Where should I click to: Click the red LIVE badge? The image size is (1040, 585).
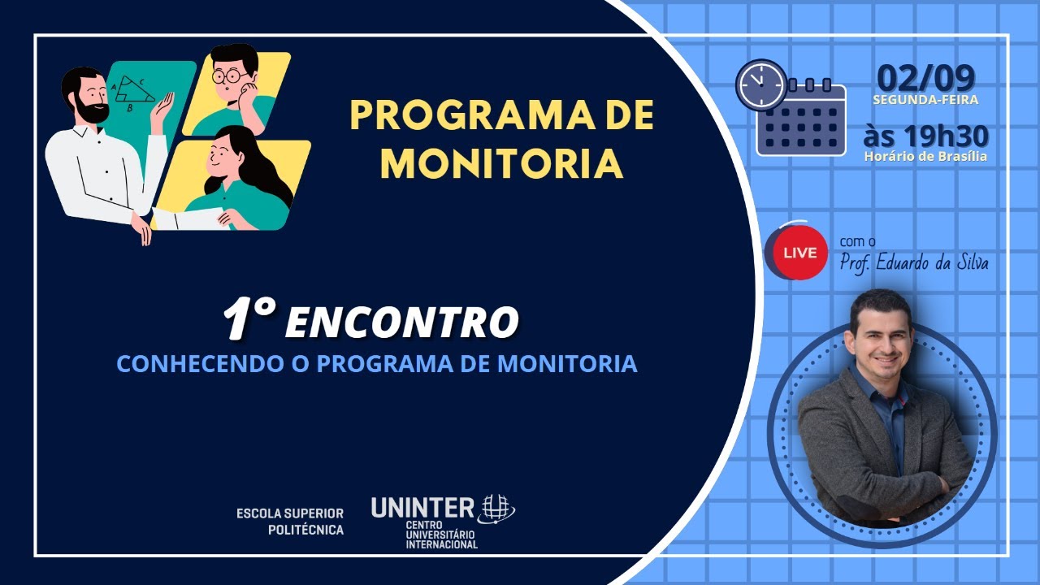click(x=799, y=253)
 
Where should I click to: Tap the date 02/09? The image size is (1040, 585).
click(x=925, y=78)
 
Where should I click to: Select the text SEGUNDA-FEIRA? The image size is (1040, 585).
click(x=925, y=100)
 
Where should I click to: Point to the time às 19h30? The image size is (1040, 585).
click(x=925, y=136)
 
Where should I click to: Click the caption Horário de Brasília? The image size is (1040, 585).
click(x=925, y=157)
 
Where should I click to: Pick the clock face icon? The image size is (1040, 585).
click(x=761, y=85)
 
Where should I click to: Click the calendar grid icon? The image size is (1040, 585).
click(x=802, y=119)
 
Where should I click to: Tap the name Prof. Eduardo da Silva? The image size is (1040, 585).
click(x=914, y=262)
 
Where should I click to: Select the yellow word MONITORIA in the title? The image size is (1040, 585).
click(x=501, y=163)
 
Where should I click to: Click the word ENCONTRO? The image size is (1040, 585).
click(x=401, y=322)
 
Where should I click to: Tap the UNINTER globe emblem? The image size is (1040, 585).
click(x=498, y=509)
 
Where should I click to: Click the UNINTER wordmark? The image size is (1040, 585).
click(x=422, y=508)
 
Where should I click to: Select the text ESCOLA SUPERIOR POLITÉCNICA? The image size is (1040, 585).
click(x=290, y=522)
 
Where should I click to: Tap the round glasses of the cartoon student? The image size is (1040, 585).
click(x=229, y=76)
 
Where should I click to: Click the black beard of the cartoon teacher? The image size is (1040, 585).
click(x=92, y=110)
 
